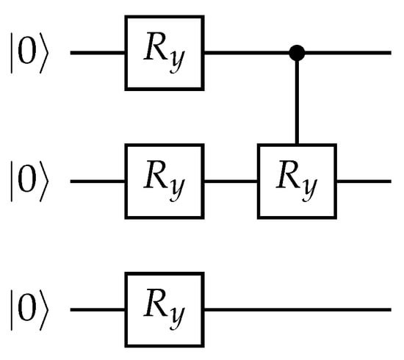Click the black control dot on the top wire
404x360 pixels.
297,53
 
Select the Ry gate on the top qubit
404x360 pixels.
165,53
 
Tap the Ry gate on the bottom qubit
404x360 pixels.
165,310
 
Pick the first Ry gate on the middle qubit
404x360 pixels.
165,181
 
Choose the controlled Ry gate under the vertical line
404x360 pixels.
297,181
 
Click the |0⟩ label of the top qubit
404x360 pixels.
29,53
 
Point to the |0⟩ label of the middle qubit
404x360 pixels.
29,181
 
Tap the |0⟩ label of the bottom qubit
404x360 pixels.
29,310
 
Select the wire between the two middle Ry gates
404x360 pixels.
231,181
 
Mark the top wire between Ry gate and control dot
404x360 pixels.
247,53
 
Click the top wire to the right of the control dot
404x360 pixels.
348,53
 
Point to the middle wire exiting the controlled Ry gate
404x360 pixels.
364,181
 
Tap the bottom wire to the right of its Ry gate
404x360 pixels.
297,310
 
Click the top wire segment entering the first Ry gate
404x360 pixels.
98,53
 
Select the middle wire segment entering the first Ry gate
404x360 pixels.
98,181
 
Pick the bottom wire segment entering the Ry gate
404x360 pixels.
98,310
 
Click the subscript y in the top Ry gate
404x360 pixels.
177,60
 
